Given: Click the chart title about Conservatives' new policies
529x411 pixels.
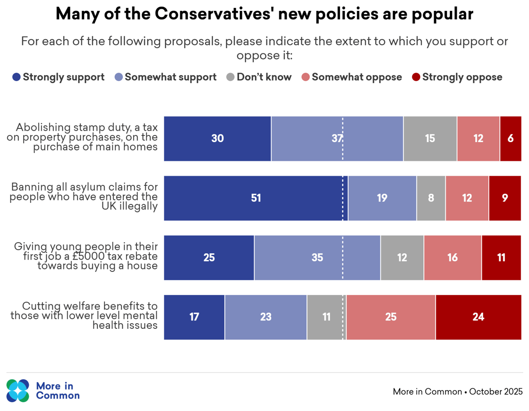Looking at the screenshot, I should [x=264, y=15].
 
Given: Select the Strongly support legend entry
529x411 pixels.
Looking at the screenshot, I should [x=59, y=77].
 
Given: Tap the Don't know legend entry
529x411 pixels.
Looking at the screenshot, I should [x=259, y=77].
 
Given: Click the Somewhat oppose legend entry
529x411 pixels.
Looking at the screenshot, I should [x=352, y=77].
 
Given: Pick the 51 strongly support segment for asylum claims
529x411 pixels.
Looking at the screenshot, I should [x=256, y=198].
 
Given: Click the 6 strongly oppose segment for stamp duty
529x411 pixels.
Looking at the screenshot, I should [x=511, y=139].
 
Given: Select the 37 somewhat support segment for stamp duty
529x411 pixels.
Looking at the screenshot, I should [x=337, y=139].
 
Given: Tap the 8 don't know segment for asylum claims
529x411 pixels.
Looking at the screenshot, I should [x=431, y=198].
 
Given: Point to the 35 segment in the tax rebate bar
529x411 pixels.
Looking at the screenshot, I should [x=317, y=258].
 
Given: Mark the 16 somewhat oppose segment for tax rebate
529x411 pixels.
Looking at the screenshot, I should [x=452, y=258].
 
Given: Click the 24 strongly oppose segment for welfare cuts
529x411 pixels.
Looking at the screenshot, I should [x=478, y=317].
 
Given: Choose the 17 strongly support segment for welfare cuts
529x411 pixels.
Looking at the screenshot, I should [x=194, y=317].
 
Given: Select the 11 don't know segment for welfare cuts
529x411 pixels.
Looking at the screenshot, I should [x=326, y=317].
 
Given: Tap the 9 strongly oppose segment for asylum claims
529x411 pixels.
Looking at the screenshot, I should [x=505, y=198].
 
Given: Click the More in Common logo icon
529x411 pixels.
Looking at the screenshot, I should [x=18, y=391].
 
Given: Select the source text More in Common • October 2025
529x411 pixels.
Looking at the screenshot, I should [x=457, y=392].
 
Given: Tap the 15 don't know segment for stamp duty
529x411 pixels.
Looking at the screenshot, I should [x=430, y=139].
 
